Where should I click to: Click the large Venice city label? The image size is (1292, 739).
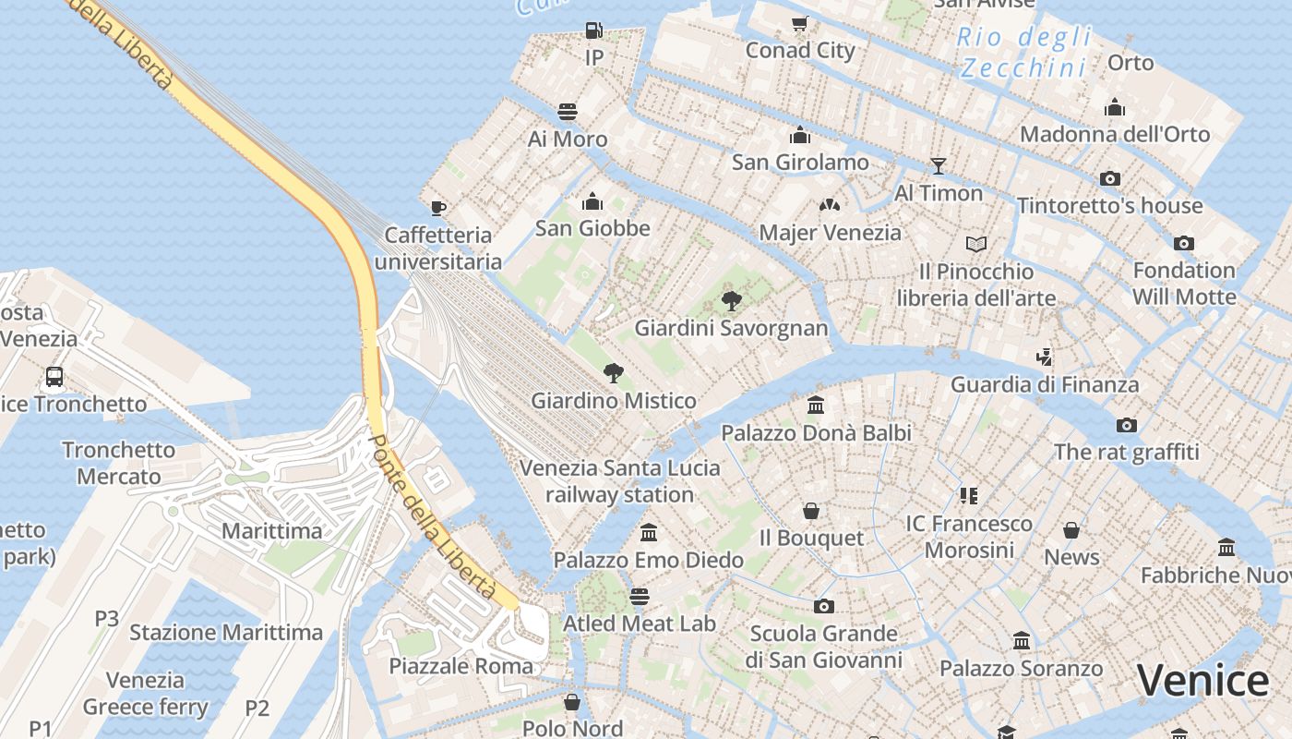[x=1202, y=682]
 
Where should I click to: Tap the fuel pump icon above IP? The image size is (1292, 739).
[x=594, y=30]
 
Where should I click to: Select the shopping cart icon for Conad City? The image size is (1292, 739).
[x=800, y=23]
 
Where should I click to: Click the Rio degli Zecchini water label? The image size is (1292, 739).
[x=1023, y=53]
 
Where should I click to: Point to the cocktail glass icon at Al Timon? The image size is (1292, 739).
[x=939, y=166]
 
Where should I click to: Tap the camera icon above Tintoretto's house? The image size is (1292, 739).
[x=1110, y=178]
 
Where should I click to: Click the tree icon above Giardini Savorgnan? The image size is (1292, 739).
[x=731, y=300]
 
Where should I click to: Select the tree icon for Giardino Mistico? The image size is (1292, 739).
[x=613, y=373]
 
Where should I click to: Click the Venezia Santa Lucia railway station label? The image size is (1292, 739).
[x=619, y=480]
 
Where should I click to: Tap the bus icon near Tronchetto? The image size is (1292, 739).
[x=54, y=377]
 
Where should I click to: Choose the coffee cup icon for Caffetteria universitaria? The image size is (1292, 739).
[x=438, y=207]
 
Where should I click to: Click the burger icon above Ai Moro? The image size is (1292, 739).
[x=568, y=113]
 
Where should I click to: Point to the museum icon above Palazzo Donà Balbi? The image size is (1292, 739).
[x=816, y=406]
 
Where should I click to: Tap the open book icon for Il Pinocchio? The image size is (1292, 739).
[x=976, y=244]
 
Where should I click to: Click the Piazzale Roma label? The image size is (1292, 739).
[x=461, y=666]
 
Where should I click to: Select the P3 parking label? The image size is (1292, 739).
[x=107, y=618]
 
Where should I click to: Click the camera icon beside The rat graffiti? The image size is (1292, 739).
[x=1126, y=425]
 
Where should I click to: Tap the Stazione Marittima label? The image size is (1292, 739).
[x=226, y=633]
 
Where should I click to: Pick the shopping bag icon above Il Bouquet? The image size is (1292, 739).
[x=811, y=511]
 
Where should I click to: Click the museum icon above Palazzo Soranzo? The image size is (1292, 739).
[x=1022, y=641]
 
